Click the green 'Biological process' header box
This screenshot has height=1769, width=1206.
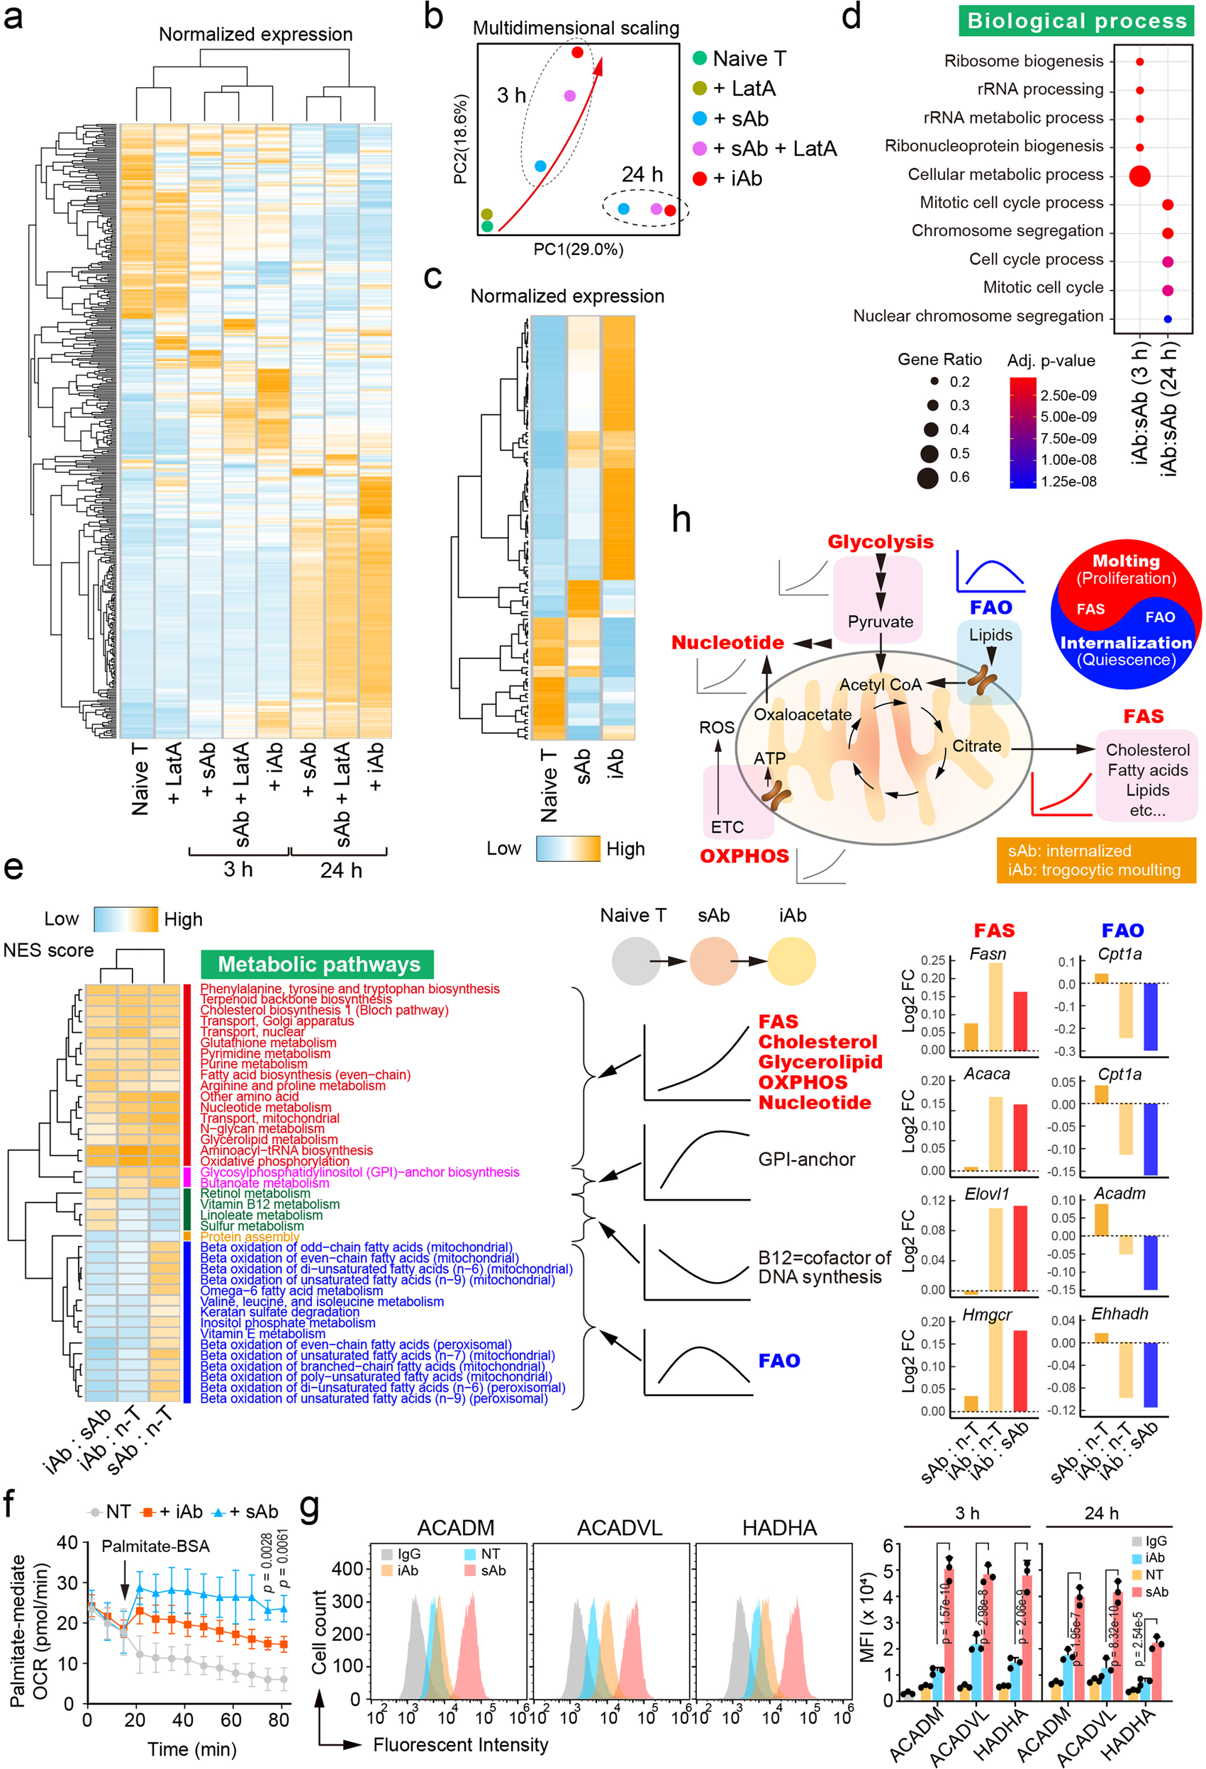[x=1076, y=21]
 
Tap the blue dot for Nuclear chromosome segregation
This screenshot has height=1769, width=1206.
[x=1167, y=319]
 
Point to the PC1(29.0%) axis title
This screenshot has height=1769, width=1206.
[x=578, y=249]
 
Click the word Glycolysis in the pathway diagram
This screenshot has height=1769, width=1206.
[x=880, y=542]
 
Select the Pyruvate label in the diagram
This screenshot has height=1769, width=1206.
[x=880, y=621]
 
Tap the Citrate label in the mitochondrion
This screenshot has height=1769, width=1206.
[x=977, y=746]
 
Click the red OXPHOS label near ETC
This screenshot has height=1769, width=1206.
[x=744, y=855]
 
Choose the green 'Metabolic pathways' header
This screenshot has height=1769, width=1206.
[x=318, y=965]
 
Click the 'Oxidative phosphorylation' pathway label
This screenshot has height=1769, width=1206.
[x=274, y=1162]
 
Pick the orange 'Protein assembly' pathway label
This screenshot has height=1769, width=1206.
[x=250, y=1237]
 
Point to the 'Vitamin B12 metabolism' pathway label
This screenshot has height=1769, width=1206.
[x=269, y=1204]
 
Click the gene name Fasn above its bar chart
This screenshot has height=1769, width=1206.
[x=988, y=954]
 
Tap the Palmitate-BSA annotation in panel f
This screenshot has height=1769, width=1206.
[x=155, y=1546]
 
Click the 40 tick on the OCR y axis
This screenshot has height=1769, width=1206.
[x=68, y=1543]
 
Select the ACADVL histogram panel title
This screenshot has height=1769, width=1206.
[x=619, y=1528]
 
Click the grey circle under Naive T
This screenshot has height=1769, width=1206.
[x=636, y=961]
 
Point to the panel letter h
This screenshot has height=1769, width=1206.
[x=681, y=520]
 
